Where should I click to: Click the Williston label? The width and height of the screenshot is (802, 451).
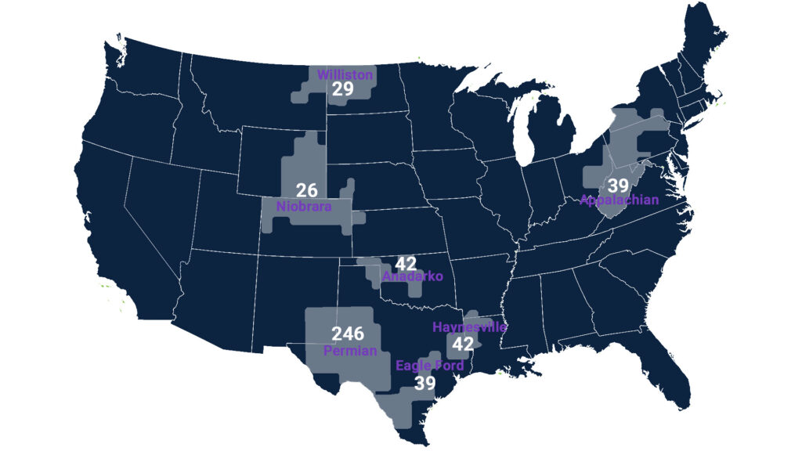pos(345,75)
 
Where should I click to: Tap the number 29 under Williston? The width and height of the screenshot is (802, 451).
pos(342,90)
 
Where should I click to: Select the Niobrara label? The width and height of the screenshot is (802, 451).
pos(304,207)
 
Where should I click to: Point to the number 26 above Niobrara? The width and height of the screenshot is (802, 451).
pos(306,190)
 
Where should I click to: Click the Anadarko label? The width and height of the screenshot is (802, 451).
pos(412,276)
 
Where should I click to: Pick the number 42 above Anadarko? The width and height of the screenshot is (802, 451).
pos(406,264)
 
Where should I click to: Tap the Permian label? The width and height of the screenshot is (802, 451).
pos(350,352)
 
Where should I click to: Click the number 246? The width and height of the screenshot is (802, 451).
pos(348,334)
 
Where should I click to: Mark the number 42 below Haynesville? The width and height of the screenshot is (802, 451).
pos(464,344)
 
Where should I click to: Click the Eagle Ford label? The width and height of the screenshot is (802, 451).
pos(430,366)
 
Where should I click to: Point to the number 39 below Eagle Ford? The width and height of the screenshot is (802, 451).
pos(425,383)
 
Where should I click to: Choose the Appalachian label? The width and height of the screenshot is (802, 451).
pos(620,200)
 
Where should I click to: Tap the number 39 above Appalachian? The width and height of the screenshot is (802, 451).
pos(619,186)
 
